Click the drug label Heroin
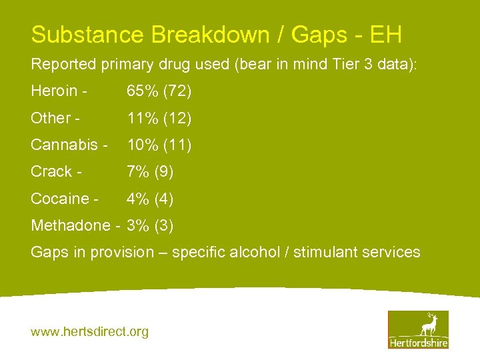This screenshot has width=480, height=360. coord(53,91)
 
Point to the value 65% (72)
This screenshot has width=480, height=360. coord(159,91)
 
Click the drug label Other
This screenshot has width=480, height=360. coord(50,118)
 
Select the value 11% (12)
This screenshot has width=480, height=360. coord(159,118)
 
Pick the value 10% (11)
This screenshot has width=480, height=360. coord(159,145)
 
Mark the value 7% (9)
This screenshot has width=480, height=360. coord(150,171)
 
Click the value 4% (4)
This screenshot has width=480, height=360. coord(150,199)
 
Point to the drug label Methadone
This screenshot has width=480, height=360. coord(70,225)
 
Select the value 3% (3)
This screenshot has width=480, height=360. coord(150,225)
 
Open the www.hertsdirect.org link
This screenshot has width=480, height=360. coord(90,331)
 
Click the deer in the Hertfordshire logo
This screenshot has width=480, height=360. coord(428,325)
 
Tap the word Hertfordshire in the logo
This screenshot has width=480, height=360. coord(418,342)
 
